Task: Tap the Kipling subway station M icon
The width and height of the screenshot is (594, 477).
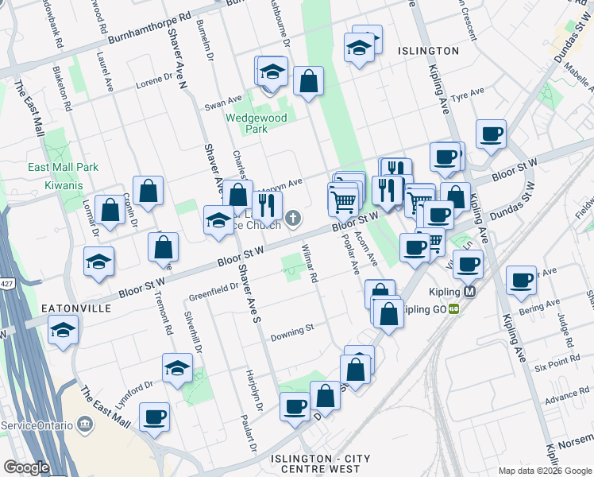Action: tap(470, 292)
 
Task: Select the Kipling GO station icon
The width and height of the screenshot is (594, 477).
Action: tap(453, 308)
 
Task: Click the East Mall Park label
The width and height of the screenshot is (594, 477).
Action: tap(64, 168)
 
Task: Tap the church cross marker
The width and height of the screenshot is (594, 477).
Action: tap(294, 218)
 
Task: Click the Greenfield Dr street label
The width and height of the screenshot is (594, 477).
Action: tap(212, 293)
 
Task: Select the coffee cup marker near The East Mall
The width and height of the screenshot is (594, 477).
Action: tap(154, 416)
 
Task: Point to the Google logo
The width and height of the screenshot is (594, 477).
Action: tap(26, 467)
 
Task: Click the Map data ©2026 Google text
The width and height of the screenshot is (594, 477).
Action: tap(544, 471)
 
